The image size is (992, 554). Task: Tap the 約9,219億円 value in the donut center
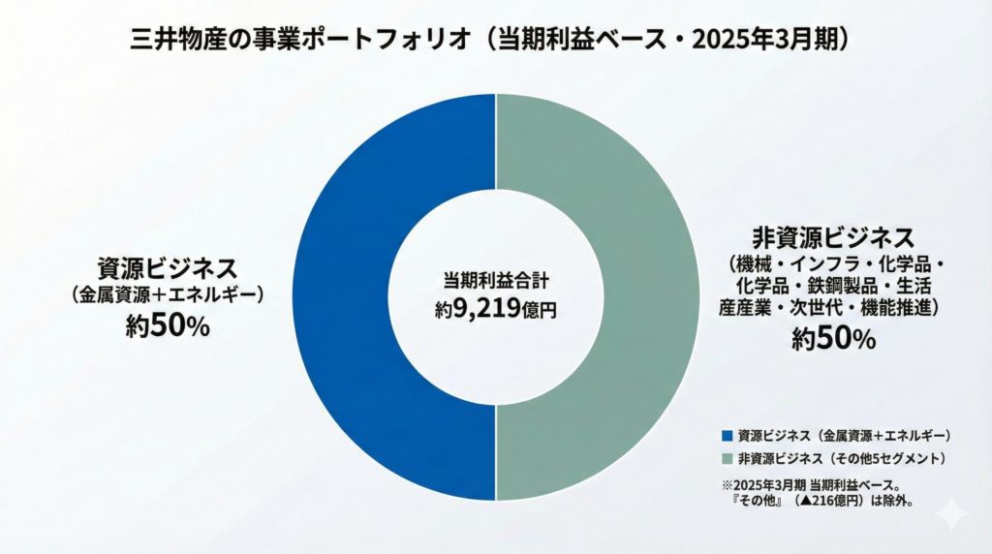[496, 311]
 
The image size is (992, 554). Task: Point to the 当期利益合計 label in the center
[495, 281]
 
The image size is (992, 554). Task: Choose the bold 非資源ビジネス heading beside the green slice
[833, 235]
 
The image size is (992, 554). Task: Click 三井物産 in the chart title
[170, 40]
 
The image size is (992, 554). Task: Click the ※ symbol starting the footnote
[726, 484]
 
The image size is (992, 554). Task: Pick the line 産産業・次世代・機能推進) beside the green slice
[833, 307]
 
